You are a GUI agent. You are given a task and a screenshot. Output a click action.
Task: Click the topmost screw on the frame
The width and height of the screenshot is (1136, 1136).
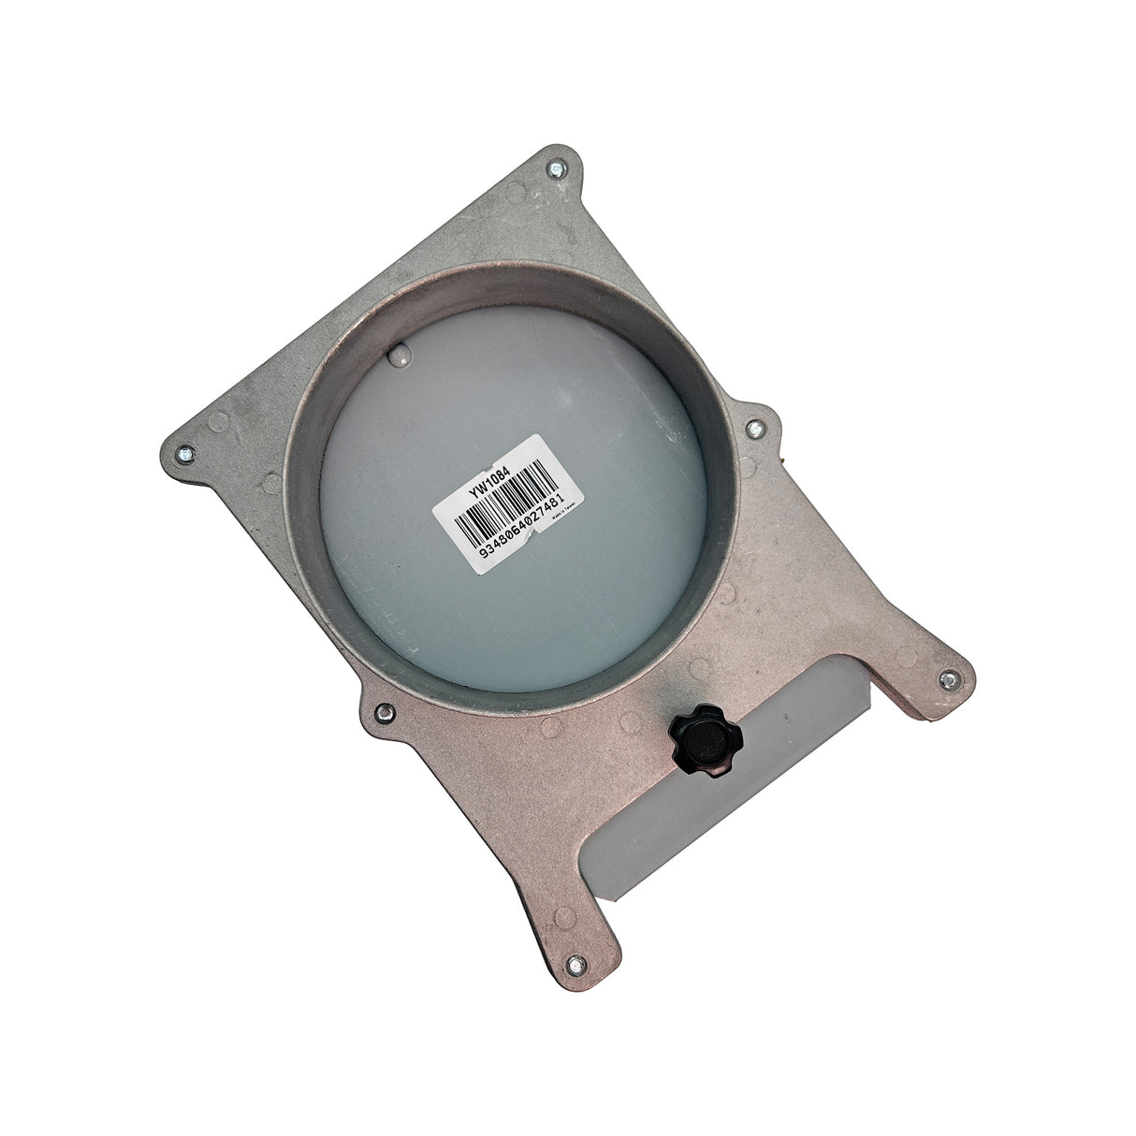[x=557, y=168]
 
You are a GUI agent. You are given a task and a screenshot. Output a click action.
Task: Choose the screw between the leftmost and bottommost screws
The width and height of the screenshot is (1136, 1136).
[x=382, y=714]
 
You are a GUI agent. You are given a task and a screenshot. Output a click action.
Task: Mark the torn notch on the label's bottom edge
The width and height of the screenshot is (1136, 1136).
[x=530, y=536]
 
